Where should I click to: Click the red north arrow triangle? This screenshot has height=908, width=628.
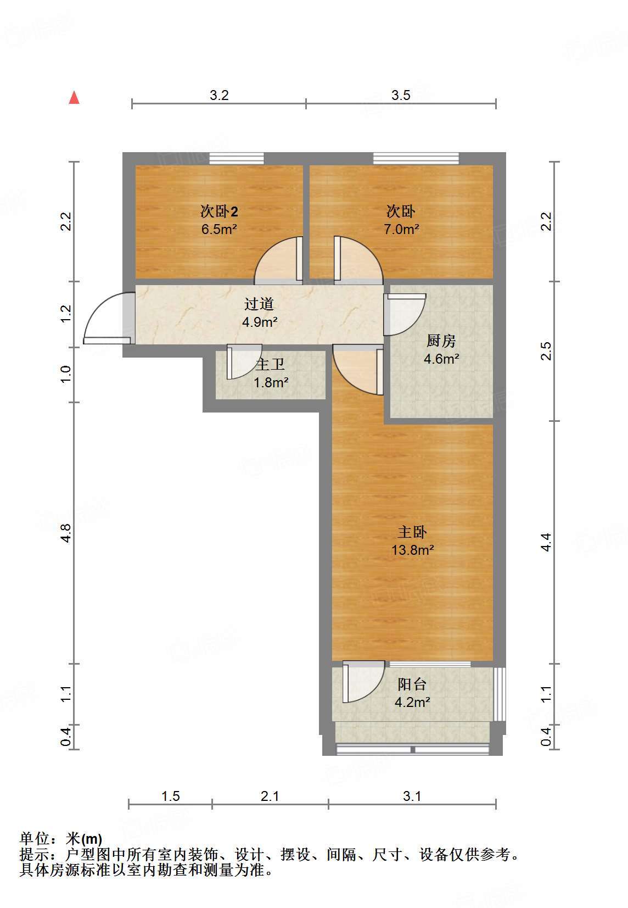point(74,98)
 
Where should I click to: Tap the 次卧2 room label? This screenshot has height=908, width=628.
point(219,211)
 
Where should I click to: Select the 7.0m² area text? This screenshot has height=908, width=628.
point(401,229)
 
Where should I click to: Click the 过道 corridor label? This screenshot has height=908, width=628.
point(259,304)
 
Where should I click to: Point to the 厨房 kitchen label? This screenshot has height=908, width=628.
point(441,341)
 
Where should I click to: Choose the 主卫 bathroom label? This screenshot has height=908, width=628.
point(270,364)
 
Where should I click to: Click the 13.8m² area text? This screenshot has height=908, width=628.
point(412,550)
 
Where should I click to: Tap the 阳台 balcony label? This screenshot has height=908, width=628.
point(412,684)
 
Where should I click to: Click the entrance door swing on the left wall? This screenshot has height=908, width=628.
point(109,318)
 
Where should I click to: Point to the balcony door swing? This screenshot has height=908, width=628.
point(363,682)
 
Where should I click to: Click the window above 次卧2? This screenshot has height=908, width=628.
point(237,159)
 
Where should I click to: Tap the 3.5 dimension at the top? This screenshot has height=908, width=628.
point(401,95)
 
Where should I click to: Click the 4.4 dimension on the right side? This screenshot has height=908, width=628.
point(546,542)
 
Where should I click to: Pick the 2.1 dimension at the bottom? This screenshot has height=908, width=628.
point(270,796)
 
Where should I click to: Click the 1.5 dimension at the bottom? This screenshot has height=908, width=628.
point(171,796)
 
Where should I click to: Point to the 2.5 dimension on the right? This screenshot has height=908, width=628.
point(546,351)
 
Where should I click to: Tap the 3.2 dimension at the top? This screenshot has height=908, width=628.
point(219,95)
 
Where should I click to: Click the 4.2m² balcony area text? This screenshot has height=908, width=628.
point(412,701)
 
